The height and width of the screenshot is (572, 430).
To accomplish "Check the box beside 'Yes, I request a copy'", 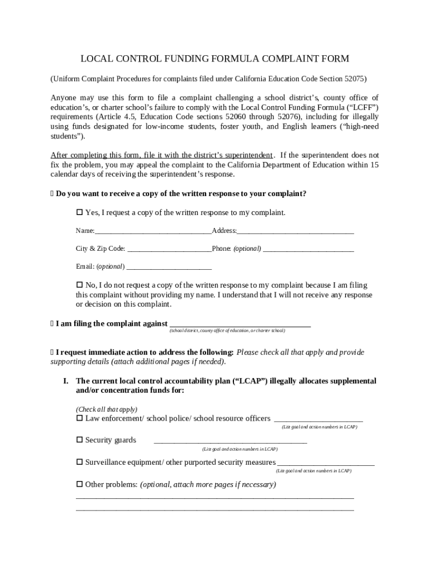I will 79,213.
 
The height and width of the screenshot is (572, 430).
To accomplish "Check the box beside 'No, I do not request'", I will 79,285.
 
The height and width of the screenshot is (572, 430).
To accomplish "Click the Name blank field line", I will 153,232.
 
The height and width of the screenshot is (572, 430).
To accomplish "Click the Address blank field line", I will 295,232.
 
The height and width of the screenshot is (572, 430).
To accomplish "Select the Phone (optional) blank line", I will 308,250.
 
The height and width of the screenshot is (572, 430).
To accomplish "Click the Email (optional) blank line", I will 169,268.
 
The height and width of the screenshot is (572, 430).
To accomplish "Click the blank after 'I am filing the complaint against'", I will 240,325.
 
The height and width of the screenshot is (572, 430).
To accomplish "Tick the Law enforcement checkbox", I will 79,418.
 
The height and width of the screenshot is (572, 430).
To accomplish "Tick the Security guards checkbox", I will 79,440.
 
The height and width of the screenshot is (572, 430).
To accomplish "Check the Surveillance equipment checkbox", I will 79,462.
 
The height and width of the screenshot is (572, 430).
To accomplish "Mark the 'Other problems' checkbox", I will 79,484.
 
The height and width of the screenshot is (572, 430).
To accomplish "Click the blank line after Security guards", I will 230,442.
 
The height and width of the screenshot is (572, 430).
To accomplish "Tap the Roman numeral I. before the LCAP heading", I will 65,381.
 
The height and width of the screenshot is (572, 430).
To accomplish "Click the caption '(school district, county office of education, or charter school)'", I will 227,331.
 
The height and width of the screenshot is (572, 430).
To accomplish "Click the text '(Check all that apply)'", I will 107,409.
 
